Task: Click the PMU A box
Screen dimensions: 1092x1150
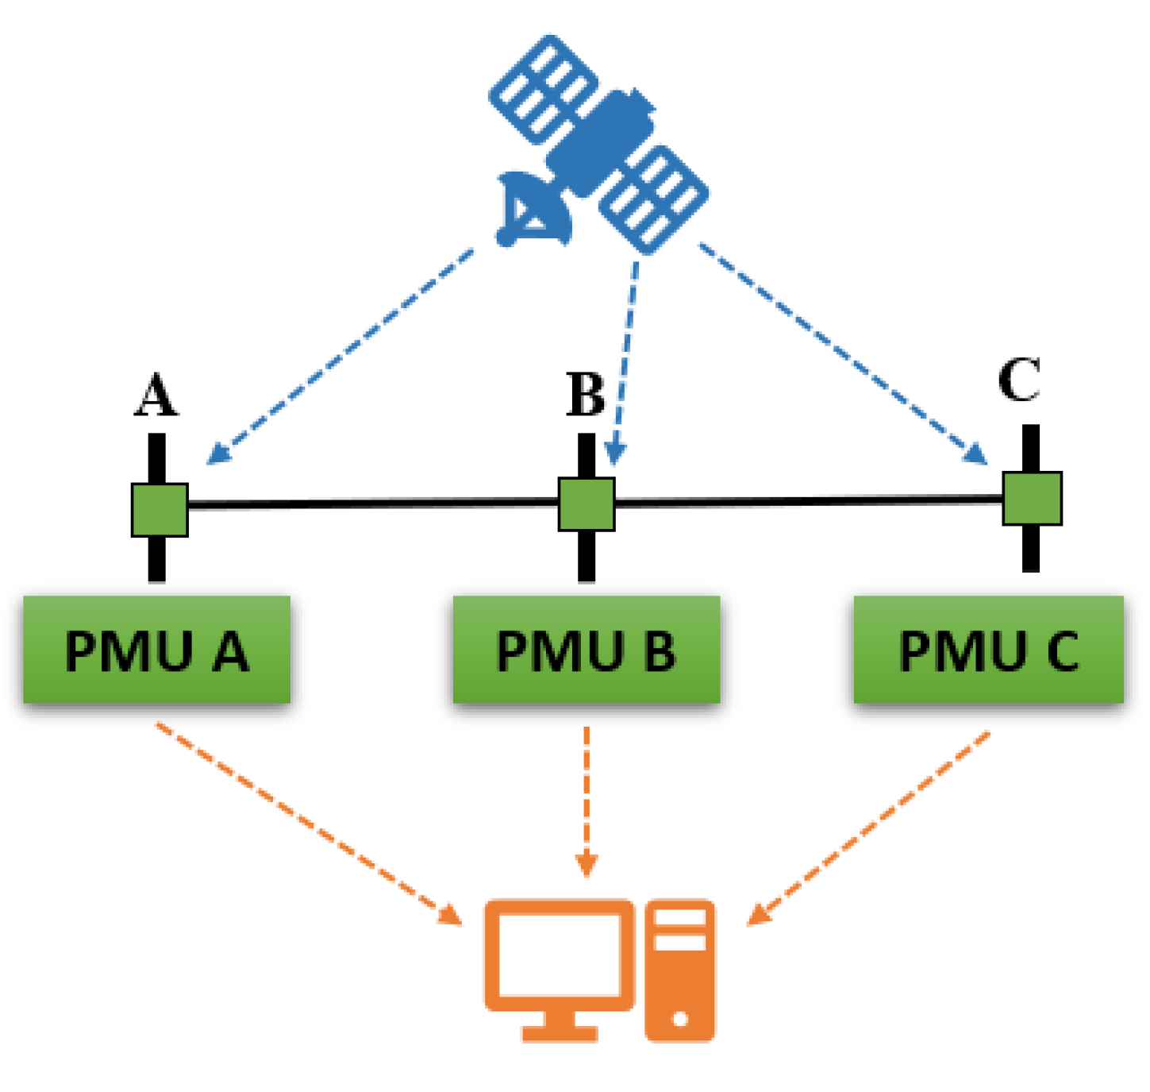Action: click(156, 650)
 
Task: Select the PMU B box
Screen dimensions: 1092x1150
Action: click(586, 650)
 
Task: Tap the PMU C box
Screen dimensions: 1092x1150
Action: click(988, 650)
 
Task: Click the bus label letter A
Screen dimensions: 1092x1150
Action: click(156, 395)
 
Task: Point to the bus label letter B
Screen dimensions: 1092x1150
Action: click(586, 394)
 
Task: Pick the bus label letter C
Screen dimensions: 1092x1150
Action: click(1018, 380)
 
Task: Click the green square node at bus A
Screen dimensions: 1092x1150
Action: click(160, 510)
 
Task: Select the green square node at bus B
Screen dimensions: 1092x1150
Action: click(587, 504)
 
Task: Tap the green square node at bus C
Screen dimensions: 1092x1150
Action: click(1032, 498)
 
